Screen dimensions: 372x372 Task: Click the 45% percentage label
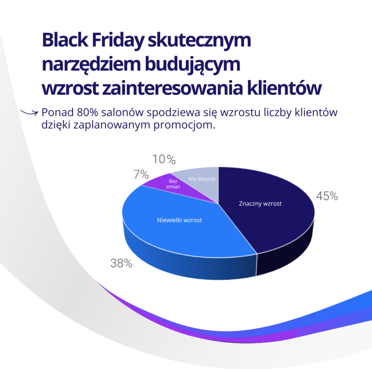327,197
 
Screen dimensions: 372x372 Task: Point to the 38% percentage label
121,263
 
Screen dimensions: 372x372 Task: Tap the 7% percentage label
141,175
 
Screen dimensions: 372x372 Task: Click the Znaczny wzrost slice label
260,204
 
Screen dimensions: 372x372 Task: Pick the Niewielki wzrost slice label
179,220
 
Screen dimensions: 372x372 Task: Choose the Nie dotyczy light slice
202,179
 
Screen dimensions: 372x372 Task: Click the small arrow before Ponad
29,112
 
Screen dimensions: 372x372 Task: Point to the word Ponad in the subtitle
57,112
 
